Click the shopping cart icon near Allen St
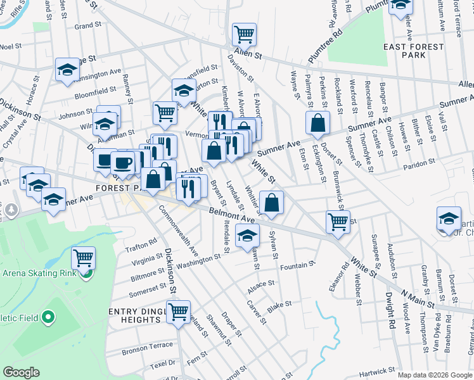244,34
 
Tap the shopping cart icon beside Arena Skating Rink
84,258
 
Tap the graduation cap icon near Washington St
247,237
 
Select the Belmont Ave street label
232,218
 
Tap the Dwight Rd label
391,310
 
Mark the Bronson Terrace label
147,346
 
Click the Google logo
21,372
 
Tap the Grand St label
84,27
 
